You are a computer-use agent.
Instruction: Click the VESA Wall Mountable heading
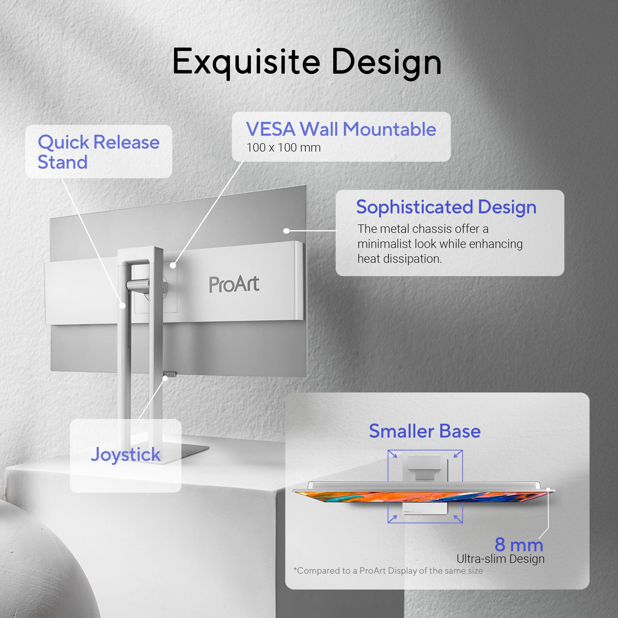(x=341, y=129)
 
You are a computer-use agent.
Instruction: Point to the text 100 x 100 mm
(x=283, y=148)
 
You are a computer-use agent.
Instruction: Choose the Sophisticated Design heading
(x=446, y=207)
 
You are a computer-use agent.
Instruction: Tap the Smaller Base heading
(x=425, y=431)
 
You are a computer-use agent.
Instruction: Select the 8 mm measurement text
(x=519, y=544)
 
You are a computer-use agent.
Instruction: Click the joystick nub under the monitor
(x=170, y=373)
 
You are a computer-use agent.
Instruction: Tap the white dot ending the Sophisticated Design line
(x=287, y=231)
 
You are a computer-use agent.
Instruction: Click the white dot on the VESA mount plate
(x=173, y=265)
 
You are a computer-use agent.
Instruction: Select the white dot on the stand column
(x=123, y=306)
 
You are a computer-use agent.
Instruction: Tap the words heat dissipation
(x=399, y=259)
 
